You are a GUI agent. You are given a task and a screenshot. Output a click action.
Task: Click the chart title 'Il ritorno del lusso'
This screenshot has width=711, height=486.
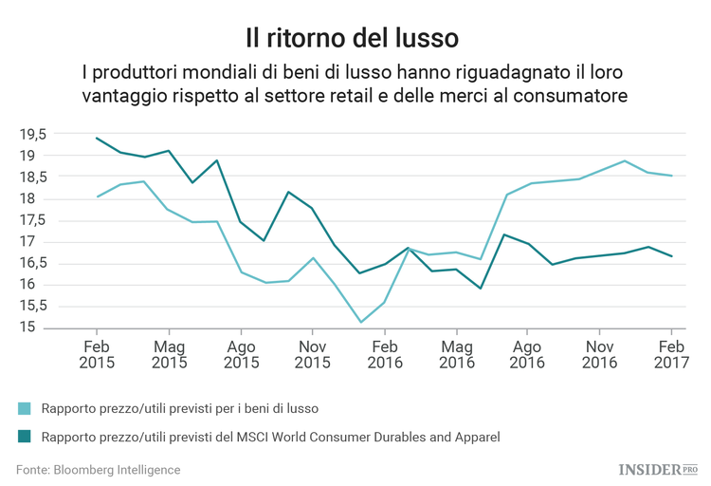pos(352,37)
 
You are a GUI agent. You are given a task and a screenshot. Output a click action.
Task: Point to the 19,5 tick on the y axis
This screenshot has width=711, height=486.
pos(33,134)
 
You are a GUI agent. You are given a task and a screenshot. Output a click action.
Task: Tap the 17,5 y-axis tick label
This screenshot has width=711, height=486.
pos(33,220)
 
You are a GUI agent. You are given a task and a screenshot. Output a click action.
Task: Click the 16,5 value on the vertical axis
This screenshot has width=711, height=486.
pos(33,263)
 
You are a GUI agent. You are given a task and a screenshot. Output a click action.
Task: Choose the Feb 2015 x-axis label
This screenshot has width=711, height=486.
pos(98,354)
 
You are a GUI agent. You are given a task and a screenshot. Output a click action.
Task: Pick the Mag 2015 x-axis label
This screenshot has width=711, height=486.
pos(170,354)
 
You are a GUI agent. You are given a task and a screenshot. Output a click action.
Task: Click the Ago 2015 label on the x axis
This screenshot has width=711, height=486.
pos(241,354)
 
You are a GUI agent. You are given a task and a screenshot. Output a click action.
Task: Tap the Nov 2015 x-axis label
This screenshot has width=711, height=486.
pos(313,354)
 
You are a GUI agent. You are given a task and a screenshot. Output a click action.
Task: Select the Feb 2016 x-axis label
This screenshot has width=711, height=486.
pos(384,354)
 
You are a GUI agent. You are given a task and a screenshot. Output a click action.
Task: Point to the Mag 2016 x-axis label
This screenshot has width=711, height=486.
pos(456,354)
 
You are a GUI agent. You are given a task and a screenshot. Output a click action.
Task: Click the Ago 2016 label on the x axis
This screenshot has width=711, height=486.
pos(527,354)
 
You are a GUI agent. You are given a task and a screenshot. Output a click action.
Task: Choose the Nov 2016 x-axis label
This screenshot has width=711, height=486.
pos(599,354)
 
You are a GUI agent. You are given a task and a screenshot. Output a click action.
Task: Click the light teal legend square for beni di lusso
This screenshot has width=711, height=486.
pos(25,408)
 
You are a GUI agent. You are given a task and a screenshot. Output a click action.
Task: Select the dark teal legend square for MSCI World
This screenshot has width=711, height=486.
pos(25,437)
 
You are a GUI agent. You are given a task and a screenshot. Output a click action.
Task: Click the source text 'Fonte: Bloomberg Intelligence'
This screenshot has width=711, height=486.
pos(98,470)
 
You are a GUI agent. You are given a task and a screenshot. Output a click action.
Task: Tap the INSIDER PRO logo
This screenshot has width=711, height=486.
pos(657,469)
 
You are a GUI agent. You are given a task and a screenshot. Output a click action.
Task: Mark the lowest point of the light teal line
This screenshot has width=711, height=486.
pos(360,322)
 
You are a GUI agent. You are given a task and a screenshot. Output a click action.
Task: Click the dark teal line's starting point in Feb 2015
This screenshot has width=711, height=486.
pos(98,138)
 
